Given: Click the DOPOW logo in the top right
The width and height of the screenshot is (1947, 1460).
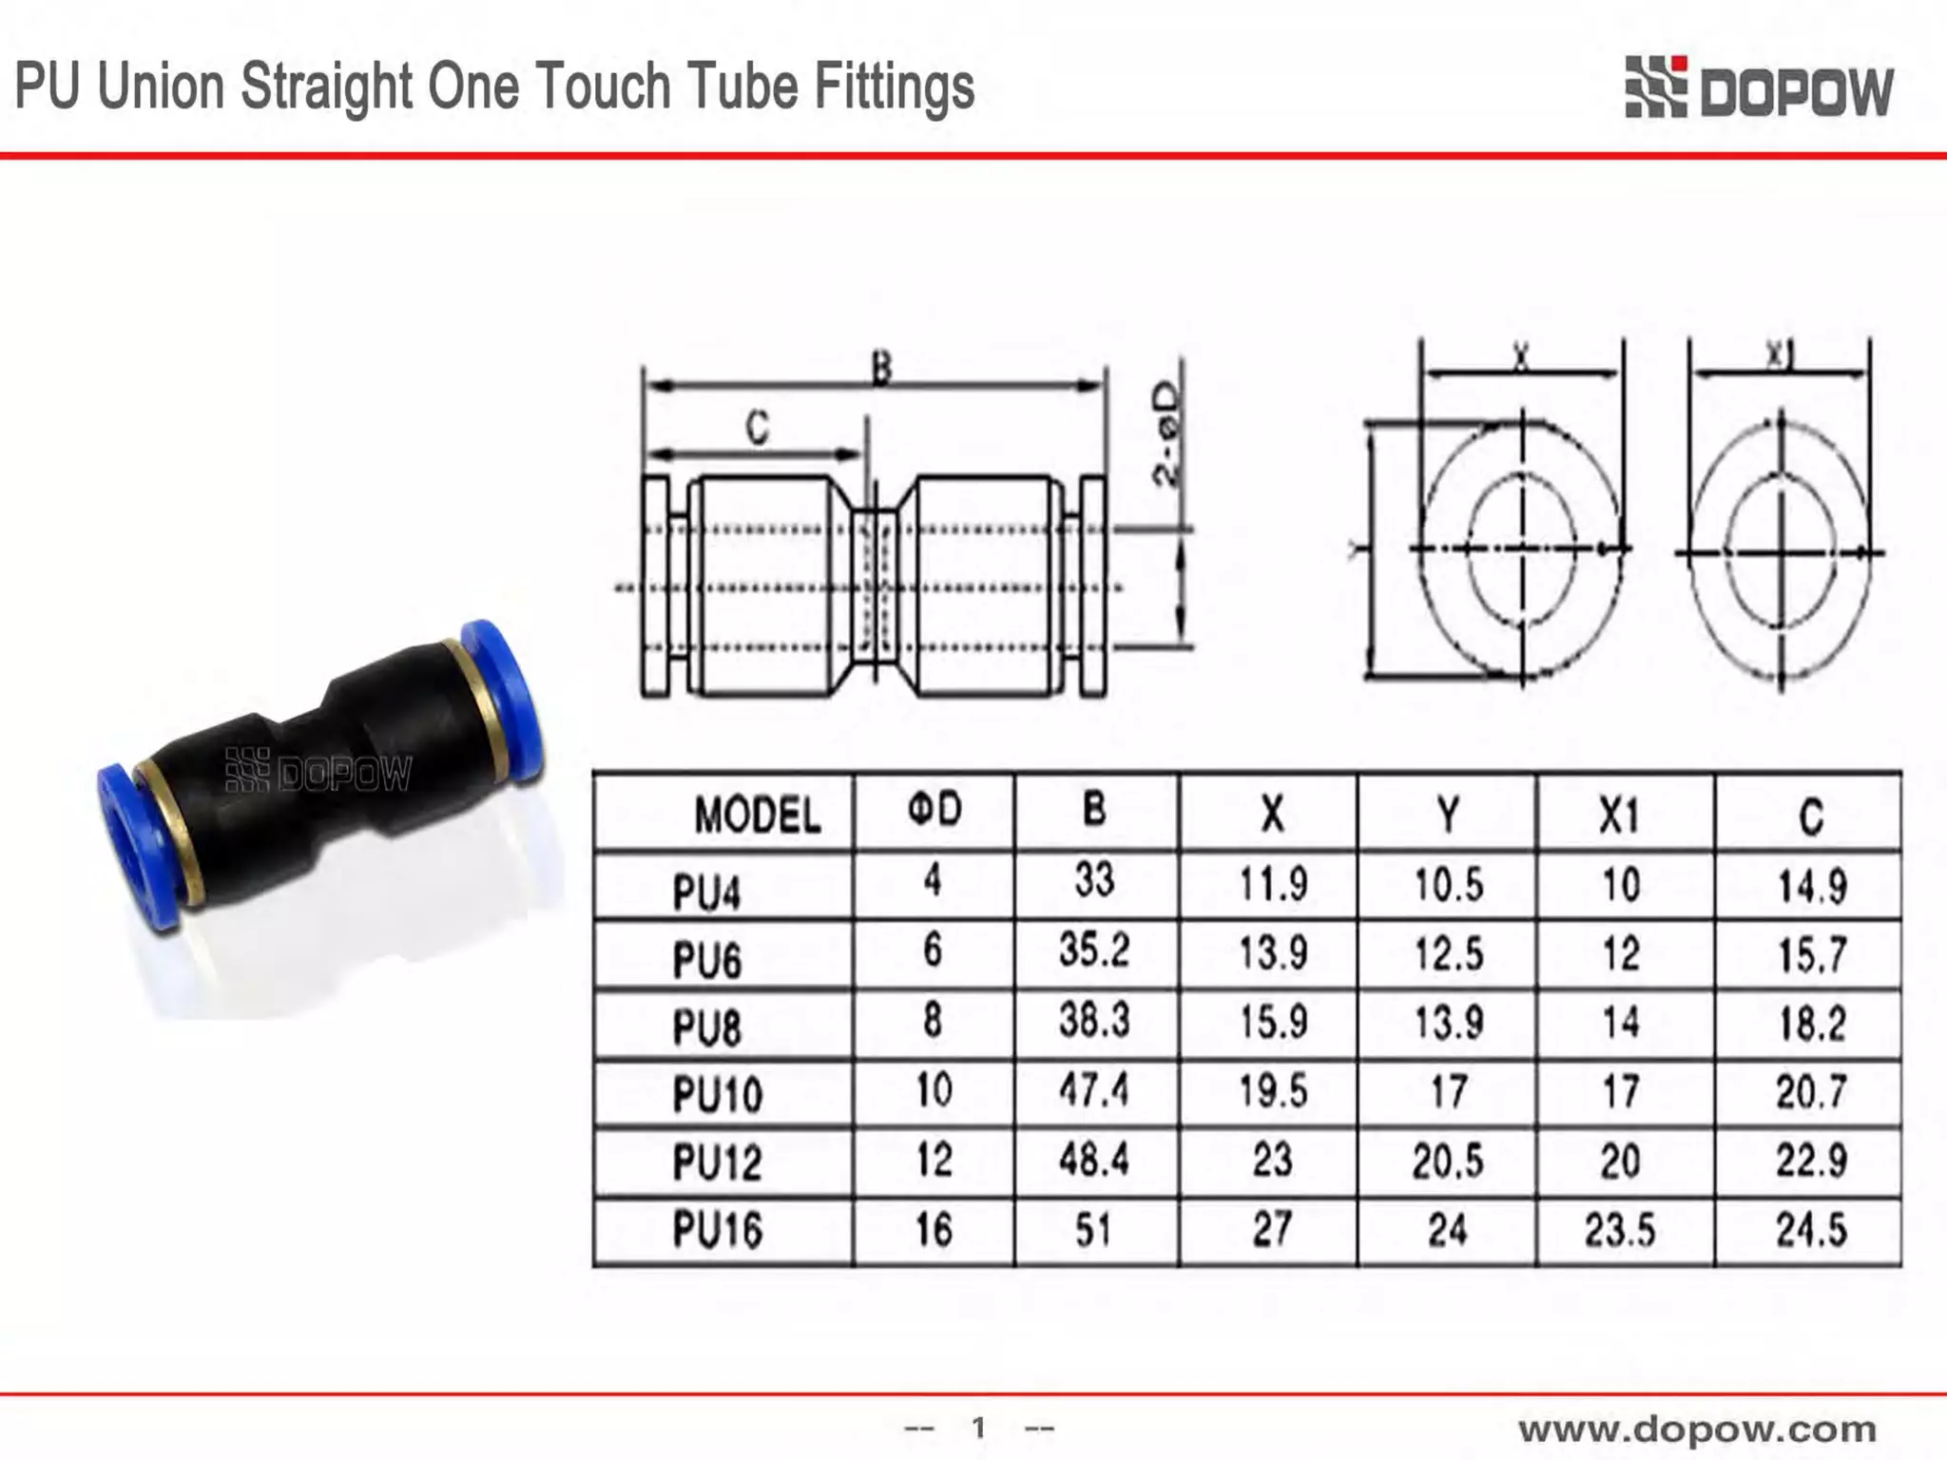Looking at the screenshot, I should coord(1759,88).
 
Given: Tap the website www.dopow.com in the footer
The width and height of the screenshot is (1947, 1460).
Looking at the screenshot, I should coord(1697,1429).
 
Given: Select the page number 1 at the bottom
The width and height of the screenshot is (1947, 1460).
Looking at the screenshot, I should coord(978,1427).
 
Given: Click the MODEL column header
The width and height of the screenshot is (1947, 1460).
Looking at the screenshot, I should coord(757,816).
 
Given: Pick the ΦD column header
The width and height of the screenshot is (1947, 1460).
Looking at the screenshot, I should coord(935,810).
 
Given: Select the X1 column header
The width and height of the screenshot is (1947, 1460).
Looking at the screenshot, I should coord(1619,816).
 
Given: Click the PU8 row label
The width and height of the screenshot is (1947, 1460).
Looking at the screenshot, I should coord(706,1028).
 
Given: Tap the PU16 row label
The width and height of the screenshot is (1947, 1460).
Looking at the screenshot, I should coord(718,1229).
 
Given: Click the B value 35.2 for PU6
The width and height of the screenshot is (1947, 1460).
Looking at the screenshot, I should coord(1094,950).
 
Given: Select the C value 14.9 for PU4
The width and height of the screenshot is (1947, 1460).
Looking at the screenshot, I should coord(1812,887).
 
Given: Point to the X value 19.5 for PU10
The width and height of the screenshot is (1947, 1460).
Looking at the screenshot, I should coord(1272,1090).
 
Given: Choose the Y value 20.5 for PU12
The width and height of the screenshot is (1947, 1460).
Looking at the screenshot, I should coord(1447,1161).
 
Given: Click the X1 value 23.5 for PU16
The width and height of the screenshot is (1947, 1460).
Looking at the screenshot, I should coord(1619,1230).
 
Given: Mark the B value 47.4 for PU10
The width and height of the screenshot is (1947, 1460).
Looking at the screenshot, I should coord(1094,1089).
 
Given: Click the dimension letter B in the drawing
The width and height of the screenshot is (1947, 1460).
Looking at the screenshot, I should coord(881,368).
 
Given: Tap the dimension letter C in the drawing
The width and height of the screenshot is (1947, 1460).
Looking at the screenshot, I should coord(757,428).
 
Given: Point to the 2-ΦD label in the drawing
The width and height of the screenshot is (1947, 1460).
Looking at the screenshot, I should coord(1166,434).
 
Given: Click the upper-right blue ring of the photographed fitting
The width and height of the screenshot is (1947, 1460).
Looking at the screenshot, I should coord(504,699).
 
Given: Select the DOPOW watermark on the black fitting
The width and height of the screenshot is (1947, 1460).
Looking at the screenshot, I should coord(318,772).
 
